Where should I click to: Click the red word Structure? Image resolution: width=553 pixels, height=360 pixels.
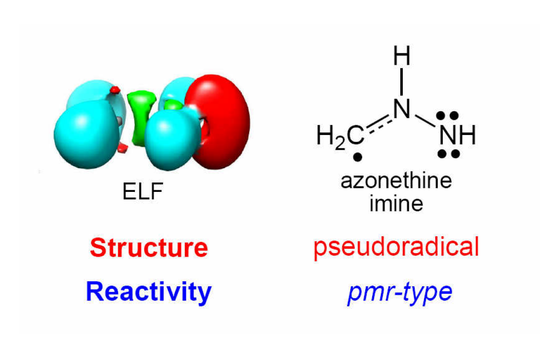coord(149,248)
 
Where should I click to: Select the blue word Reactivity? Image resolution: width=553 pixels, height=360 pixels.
coord(149,292)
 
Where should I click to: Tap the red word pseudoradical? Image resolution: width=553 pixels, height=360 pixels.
coord(396,247)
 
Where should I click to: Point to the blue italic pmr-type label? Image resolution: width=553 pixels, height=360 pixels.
coord(399,292)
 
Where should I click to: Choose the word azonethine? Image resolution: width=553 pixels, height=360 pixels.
coord(396,181)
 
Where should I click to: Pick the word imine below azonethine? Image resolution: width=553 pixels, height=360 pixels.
coord(396,202)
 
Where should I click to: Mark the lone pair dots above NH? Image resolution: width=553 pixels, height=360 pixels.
coord(448,116)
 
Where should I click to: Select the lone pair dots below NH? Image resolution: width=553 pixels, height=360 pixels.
coord(448,154)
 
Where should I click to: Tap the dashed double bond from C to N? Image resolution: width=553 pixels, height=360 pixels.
coord(380,122)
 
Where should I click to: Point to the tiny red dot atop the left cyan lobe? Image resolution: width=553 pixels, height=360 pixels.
coord(115,90)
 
